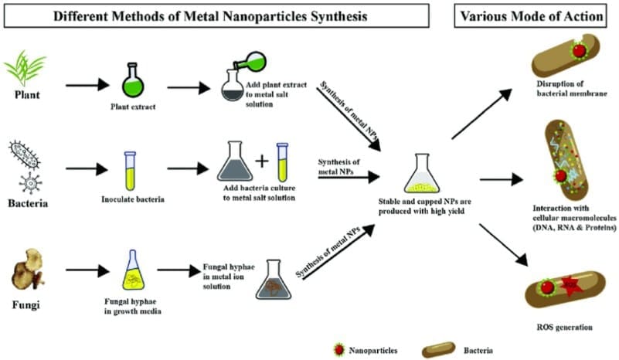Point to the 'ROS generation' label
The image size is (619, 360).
(x=563, y=326)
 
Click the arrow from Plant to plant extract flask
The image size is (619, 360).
(x=86, y=83)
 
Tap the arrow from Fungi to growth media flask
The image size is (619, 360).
(x=86, y=270)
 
